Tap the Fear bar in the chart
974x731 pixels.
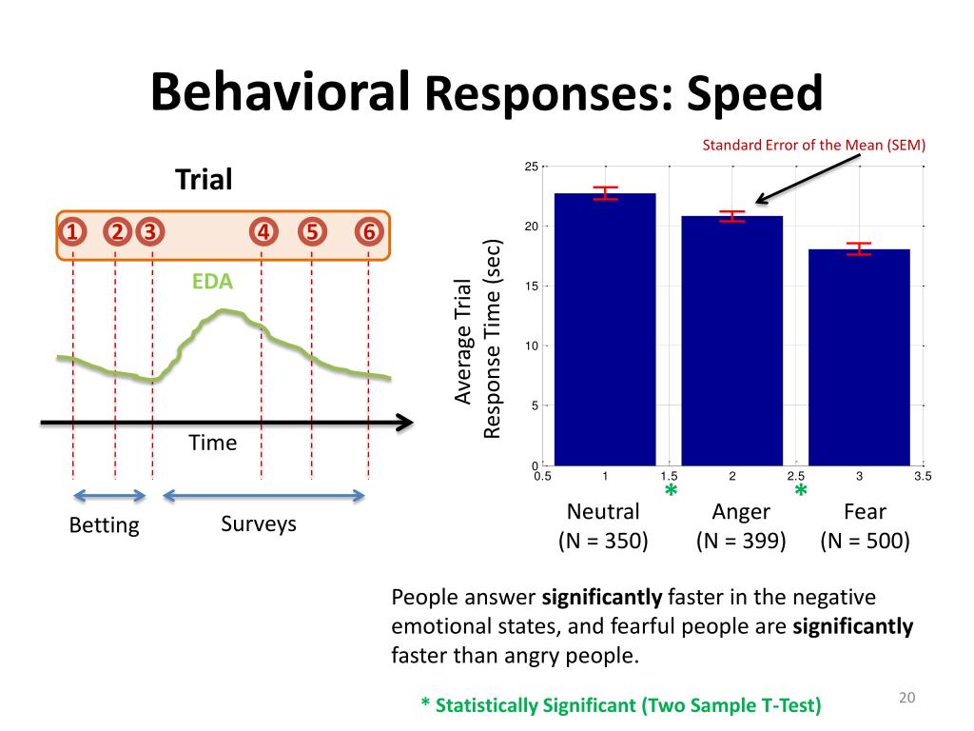tap(859, 357)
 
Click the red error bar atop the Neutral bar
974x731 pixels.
tap(605, 193)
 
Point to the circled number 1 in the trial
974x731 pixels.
tap(72, 233)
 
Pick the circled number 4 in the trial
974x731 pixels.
tap(263, 233)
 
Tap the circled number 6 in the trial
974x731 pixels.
tap(369, 233)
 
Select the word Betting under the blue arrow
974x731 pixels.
tap(105, 525)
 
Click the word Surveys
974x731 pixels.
tap(259, 524)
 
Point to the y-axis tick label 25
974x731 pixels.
tap(531, 168)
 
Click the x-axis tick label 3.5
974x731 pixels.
tap(922, 476)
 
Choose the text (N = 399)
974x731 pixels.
tap(741, 542)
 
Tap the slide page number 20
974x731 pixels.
tap(906, 700)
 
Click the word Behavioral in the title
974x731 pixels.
tap(280, 91)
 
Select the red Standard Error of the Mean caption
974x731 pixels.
tap(813, 146)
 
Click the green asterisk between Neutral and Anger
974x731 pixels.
tap(671, 492)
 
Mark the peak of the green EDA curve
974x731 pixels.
tap(224, 310)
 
